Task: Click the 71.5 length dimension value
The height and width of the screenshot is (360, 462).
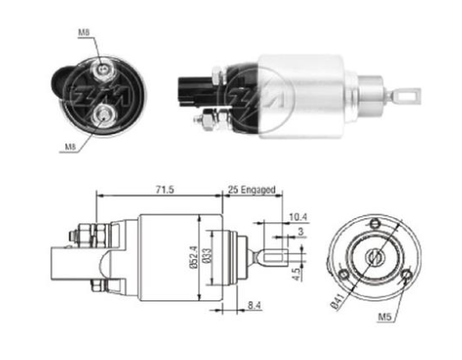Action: click(165, 190)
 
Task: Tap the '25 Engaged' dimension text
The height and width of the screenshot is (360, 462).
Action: click(252, 190)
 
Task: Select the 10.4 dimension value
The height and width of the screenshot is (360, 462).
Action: click(299, 217)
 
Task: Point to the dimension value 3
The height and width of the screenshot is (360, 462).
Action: click(300, 232)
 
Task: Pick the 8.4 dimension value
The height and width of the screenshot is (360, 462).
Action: click(255, 305)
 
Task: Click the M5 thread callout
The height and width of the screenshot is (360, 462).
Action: click(384, 317)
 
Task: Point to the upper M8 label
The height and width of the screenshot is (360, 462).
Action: click(84, 32)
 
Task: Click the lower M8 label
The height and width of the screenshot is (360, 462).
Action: click(70, 147)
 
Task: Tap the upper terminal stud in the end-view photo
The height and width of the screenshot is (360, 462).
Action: click(102, 69)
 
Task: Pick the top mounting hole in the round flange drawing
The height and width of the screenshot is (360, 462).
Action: click(375, 223)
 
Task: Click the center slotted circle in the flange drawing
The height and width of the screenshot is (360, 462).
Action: click(374, 257)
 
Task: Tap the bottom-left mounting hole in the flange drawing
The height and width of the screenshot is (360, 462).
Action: click(344, 274)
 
